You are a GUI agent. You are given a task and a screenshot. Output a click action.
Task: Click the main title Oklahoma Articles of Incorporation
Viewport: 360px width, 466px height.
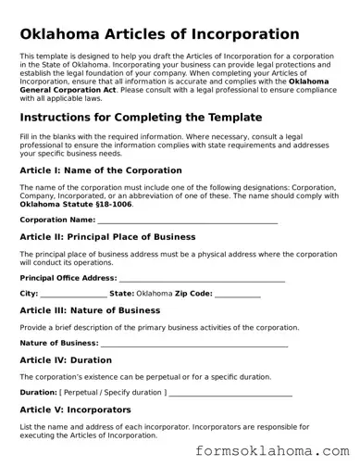(x=159, y=33)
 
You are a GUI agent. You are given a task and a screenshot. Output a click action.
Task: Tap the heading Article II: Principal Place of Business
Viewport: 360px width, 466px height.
(x=120, y=237)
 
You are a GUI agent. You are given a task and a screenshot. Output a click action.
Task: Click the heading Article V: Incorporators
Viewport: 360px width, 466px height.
(x=81, y=409)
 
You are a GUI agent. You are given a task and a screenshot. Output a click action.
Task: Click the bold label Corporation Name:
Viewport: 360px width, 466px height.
(x=57, y=220)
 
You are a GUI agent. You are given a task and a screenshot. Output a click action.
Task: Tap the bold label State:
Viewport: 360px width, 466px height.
(x=122, y=294)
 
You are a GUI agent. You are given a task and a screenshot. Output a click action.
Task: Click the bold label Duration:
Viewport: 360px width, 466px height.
(x=38, y=392)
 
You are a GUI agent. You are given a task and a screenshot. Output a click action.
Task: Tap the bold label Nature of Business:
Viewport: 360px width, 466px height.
(x=59, y=343)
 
